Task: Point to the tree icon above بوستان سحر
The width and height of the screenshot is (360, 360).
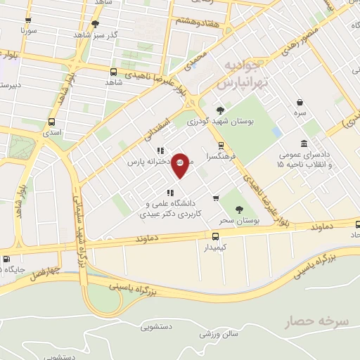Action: coord(240,209)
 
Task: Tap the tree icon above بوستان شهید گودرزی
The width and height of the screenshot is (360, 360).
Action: coord(221,109)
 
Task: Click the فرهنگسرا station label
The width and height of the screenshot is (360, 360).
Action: coord(219,157)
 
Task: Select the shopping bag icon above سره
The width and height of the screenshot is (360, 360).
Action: coord(300,102)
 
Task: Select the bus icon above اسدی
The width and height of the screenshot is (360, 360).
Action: coord(51,121)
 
